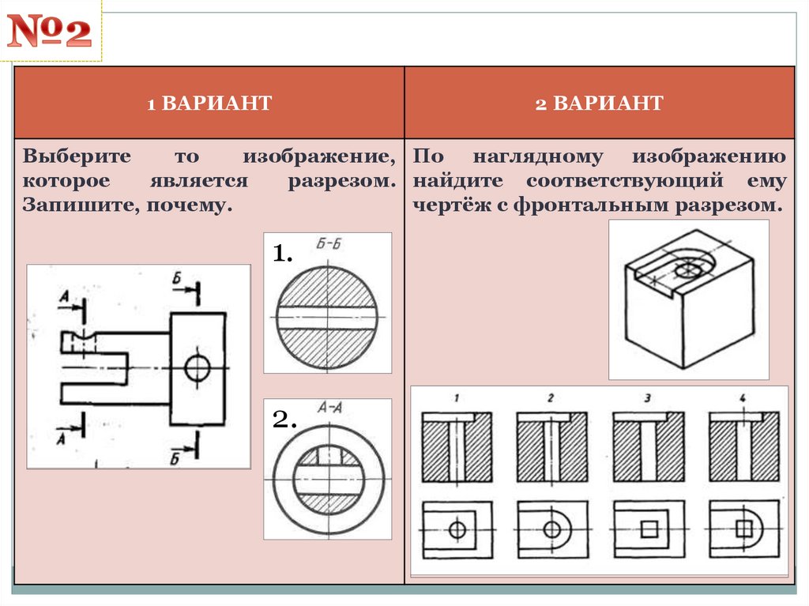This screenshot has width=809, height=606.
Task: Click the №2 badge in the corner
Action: click(51, 33)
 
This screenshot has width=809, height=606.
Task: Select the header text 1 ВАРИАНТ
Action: click(209, 103)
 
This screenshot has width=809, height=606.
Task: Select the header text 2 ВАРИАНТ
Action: click(599, 103)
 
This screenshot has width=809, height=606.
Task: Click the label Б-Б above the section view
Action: click(328, 243)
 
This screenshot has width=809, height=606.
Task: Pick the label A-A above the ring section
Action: click(329, 408)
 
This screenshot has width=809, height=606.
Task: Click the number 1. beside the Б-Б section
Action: click(283, 254)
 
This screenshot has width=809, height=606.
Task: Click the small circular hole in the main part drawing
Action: click(197, 367)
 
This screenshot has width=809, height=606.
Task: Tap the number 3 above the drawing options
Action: click(648, 398)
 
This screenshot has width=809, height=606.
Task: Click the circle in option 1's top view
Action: click(457, 529)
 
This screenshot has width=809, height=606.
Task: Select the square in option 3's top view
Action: click(649, 529)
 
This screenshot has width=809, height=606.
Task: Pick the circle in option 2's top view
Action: click(551, 529)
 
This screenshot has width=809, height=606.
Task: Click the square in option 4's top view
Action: click(743, 529)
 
